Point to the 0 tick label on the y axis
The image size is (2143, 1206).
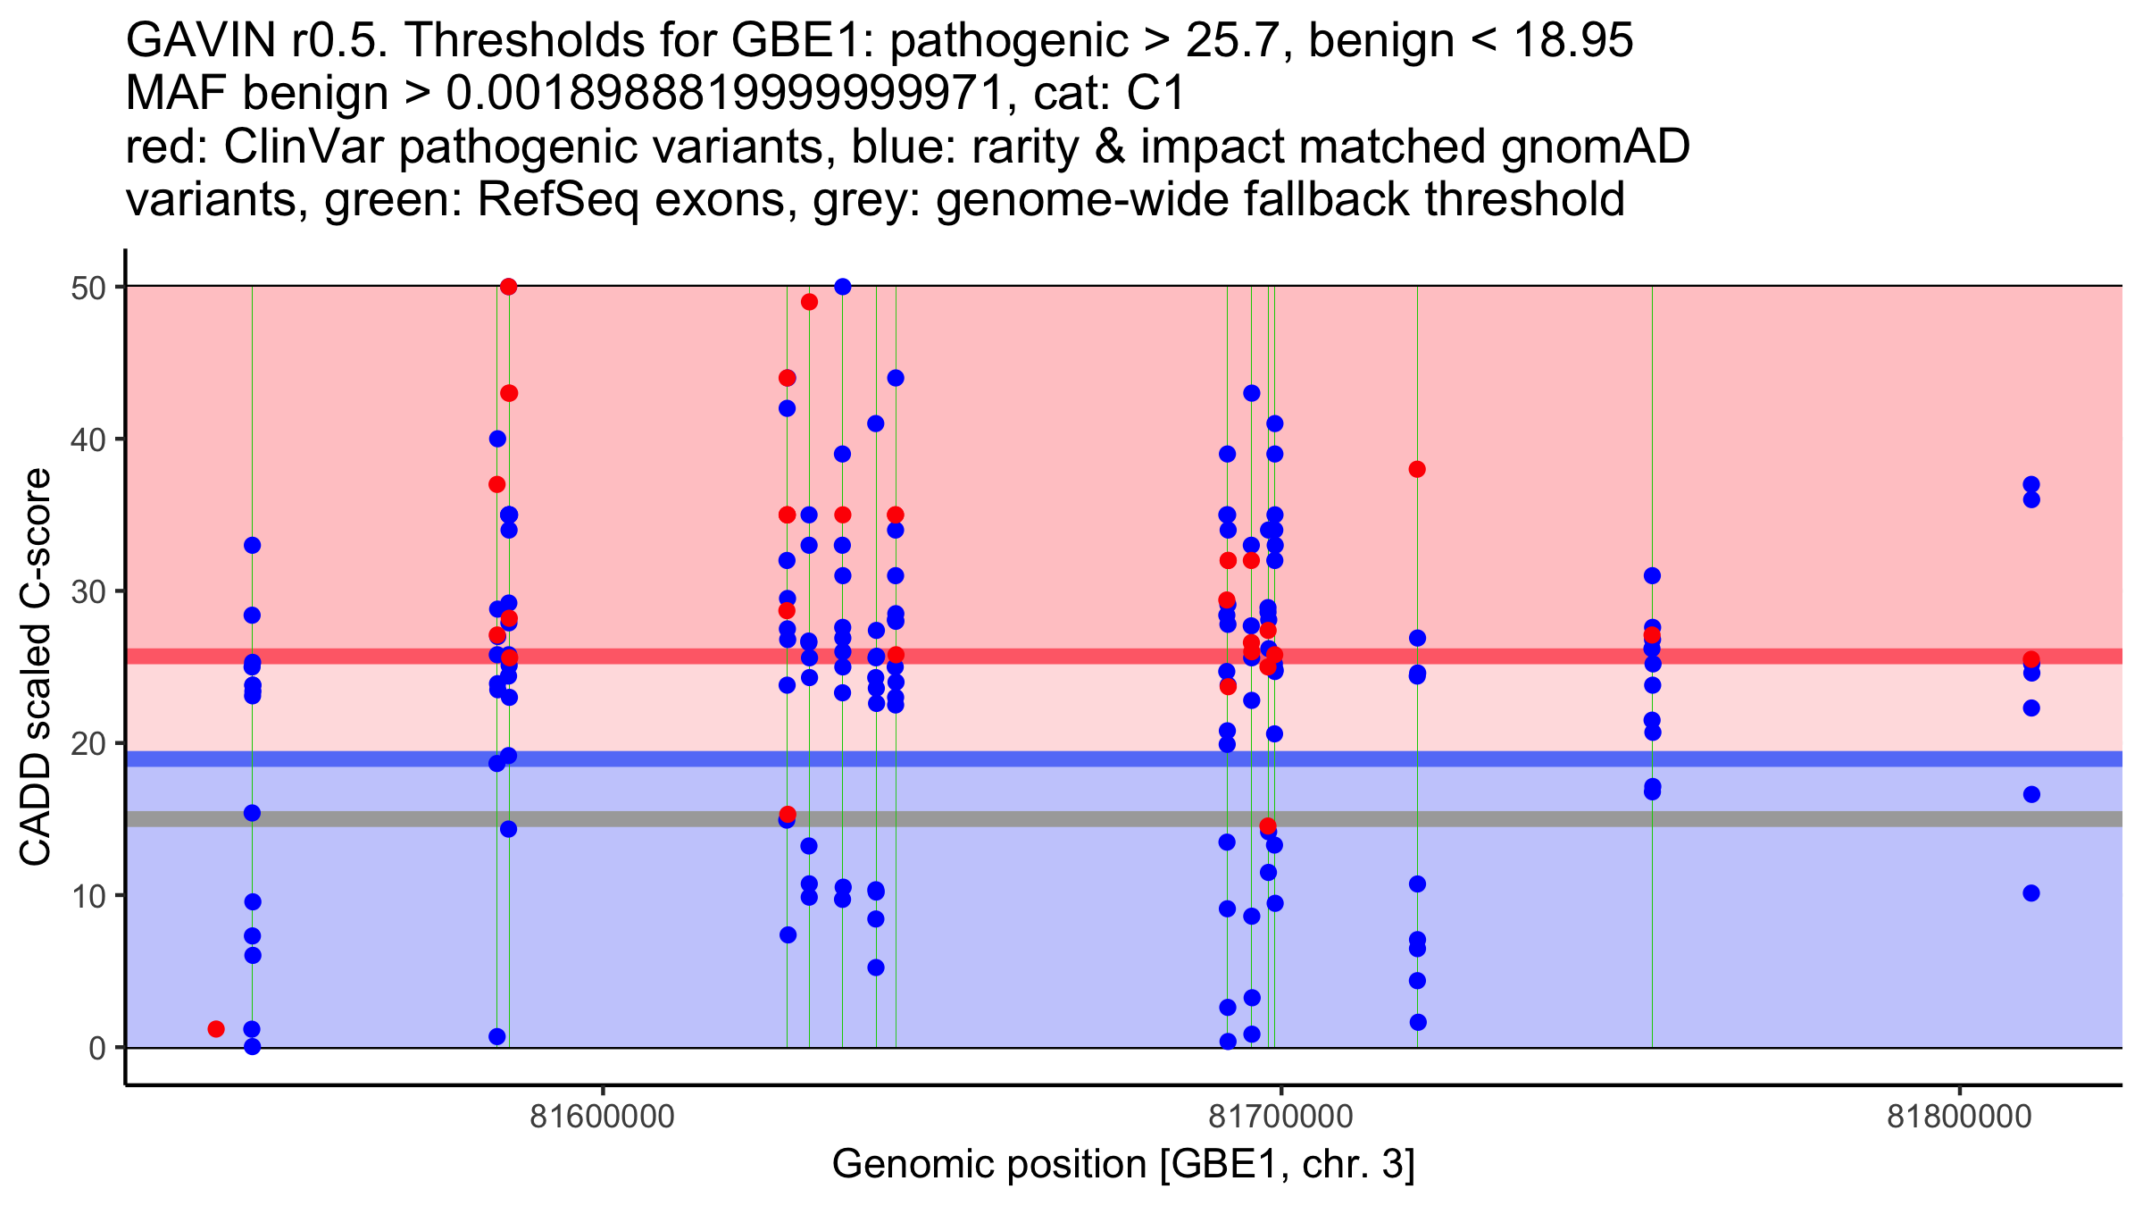click(96, 1048)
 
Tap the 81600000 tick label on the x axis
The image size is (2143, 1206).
click(602, 1118)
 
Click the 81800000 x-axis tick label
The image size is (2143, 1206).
click(1959, 1118)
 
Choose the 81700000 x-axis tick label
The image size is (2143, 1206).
click(1280, 1118)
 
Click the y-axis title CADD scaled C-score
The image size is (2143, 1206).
click(36, 667)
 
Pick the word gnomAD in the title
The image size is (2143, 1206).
click(1595, 147)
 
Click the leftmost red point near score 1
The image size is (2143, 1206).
click(216, 1029)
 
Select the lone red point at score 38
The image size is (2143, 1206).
click(1417, 470)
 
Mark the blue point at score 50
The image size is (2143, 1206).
click(842, 287)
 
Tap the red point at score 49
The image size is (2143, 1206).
click(809, 302)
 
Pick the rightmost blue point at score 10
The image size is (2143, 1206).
click(2031, 893)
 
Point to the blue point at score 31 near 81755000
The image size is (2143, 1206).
click(1652, 576)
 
